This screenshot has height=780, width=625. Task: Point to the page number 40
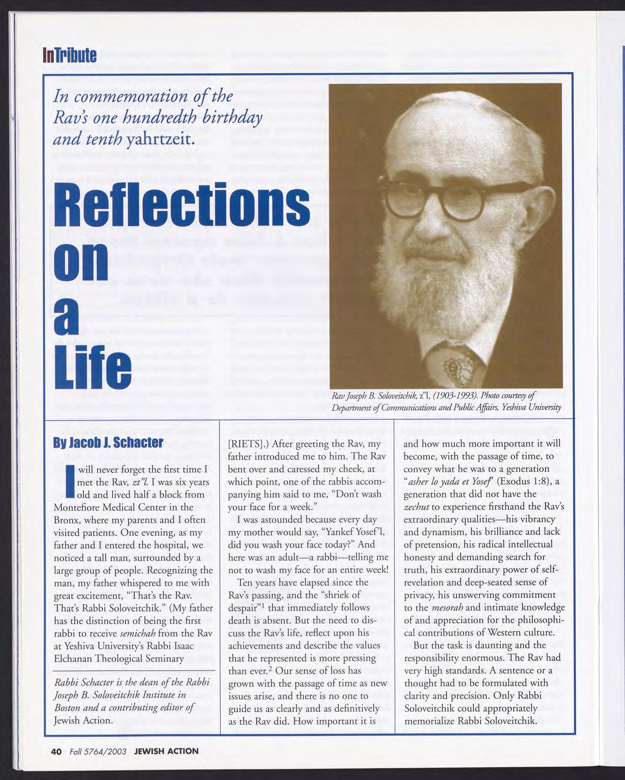(x=56, y=751)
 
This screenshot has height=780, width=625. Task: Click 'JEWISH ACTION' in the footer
(x=166, y=751)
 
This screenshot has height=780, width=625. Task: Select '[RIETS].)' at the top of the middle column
(x=248, y=444)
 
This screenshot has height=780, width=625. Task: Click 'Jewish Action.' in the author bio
(x=83, y=720)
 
